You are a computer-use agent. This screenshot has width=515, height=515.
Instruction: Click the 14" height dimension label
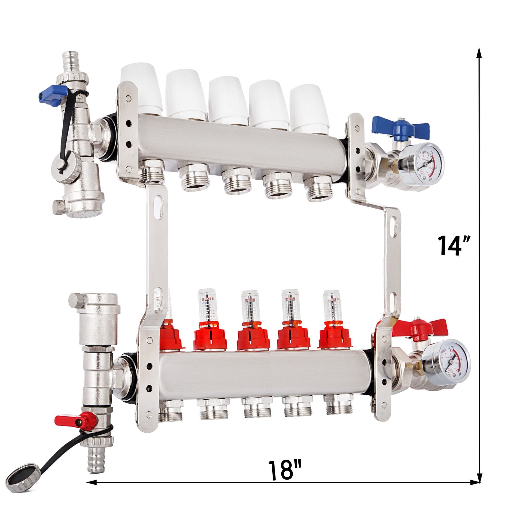[454, 245]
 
